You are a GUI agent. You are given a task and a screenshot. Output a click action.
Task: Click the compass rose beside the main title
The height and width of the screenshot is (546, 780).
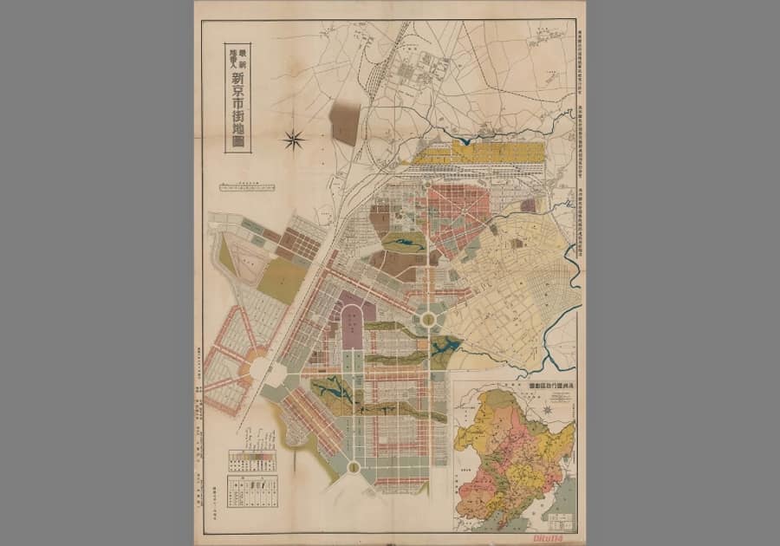coord(295,139)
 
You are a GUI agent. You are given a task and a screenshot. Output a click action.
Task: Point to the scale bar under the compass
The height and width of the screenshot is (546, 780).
coord(248,186)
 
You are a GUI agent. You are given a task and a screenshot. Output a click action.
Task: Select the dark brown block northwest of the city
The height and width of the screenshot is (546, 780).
coord(345,122)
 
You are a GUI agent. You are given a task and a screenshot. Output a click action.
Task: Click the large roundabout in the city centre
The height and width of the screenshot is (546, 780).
coord(428,320)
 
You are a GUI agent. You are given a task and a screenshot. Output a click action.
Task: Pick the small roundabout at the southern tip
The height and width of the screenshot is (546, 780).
coord(354,468)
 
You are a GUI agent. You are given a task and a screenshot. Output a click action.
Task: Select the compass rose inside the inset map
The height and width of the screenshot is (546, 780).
coord(548,408)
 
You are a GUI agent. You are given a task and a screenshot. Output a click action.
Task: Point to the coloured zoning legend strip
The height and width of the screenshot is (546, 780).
coord(252,459)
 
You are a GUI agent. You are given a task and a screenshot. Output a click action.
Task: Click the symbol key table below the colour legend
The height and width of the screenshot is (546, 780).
coord(252,491)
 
